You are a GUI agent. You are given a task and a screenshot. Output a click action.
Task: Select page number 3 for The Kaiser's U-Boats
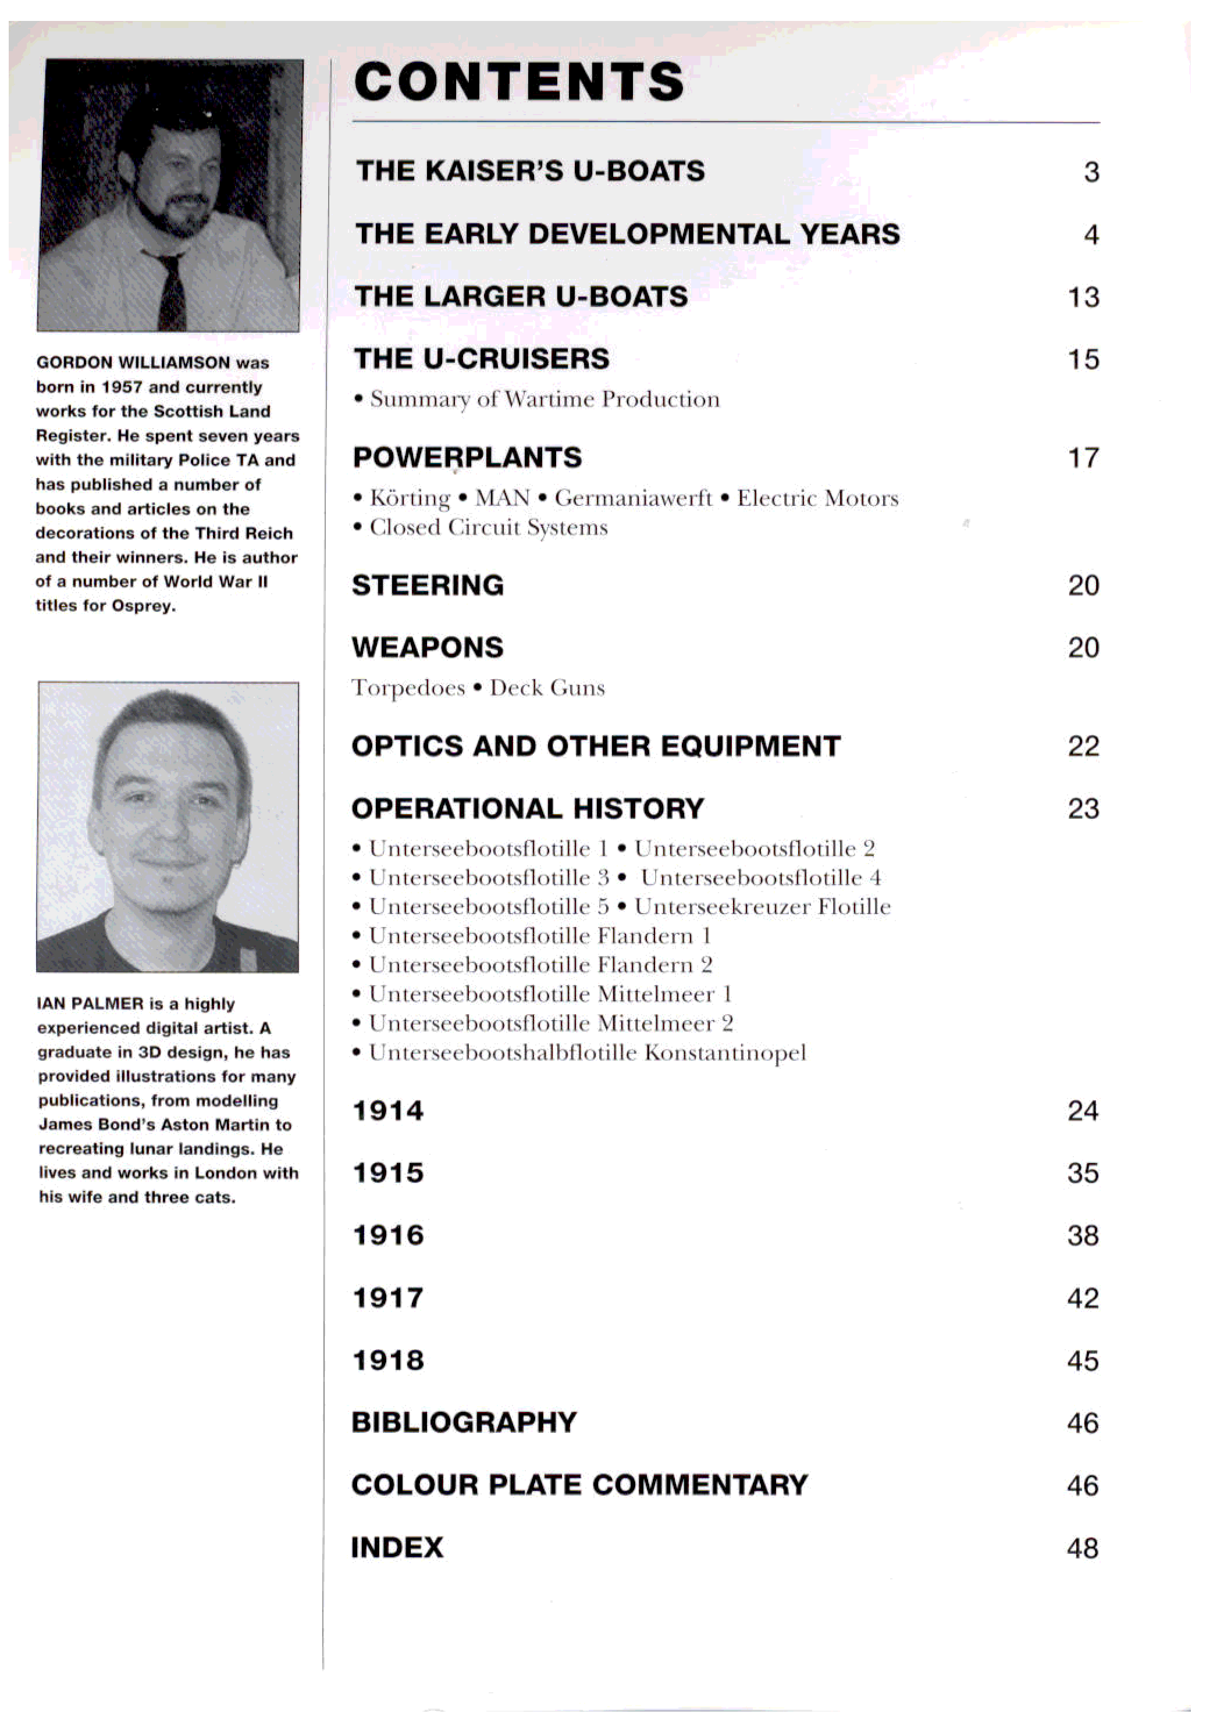(1091, 172)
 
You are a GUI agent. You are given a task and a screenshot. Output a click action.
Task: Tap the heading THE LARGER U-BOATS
(521, 296)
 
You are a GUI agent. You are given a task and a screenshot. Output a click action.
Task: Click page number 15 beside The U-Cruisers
(1083, 359)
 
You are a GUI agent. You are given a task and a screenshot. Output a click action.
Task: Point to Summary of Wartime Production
(544, 400)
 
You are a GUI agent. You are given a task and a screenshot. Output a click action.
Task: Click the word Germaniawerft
(633, 498)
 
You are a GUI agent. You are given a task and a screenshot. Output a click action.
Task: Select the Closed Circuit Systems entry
(488, 527)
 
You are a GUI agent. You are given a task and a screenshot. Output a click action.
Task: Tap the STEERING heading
(428, 586)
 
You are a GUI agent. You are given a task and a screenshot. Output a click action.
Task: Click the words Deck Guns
(547, 688)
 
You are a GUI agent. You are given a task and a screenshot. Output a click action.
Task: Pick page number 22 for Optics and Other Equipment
(1083, 747)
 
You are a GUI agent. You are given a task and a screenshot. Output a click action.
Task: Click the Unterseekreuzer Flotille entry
(762, 907)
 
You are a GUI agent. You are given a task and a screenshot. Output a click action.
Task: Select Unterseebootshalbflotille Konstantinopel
(587, 1053)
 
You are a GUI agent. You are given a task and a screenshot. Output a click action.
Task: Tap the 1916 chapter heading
(388, 1236)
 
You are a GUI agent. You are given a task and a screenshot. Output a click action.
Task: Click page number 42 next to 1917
(1082, 1299)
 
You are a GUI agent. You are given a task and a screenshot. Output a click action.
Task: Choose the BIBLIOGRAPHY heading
(464, 1423)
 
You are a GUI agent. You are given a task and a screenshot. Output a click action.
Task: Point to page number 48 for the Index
(1082, 1548)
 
